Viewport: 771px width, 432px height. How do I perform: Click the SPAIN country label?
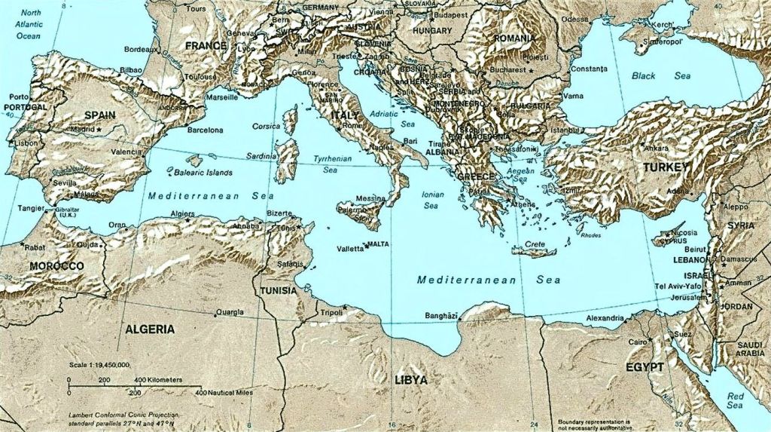coord(100,115)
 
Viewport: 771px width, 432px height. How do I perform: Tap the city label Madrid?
coord(82,129)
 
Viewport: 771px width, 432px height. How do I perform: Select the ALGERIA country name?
coord(150,329)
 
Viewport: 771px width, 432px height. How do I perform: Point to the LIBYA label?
coord(411,379)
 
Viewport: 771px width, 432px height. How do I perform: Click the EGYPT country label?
coord(645,367)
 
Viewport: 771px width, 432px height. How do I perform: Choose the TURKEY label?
coord(665,167)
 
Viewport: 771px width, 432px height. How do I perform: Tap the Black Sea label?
coord(650,76)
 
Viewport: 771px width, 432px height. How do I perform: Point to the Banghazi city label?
coord(441,315)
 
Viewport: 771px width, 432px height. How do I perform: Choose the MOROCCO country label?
coord(56,266)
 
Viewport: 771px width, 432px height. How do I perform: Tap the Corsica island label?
coord(266,126)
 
